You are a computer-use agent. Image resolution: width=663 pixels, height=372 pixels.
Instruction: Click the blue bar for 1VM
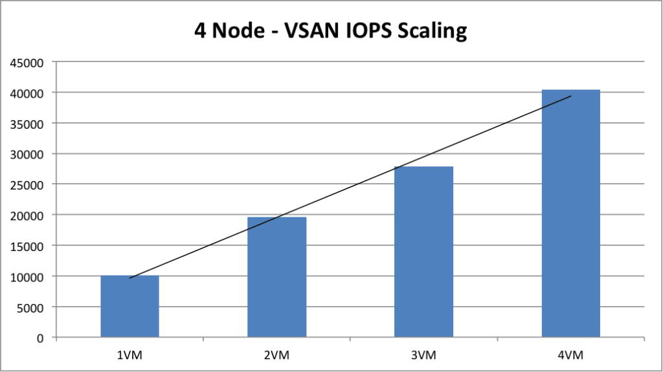coord(129,307)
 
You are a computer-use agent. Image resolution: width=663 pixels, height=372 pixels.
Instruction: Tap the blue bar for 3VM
coord(424,252)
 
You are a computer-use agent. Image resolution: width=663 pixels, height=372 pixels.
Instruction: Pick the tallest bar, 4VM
coord(570,213)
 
